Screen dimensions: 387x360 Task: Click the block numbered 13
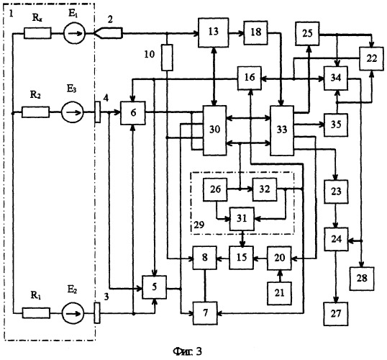tap(213, 32)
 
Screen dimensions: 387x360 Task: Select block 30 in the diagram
tap(214, 130)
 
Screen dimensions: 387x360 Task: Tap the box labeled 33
tap(282, 130)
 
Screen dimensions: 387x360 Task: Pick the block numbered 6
tap(133, 113)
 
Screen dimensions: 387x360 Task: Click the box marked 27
tap(336, 313)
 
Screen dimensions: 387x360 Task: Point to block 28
tap(362, 279)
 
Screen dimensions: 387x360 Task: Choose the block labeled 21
tap(279, 293)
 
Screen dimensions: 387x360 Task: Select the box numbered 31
tap(242, 219)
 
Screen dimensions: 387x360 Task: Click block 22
tap(372, 58)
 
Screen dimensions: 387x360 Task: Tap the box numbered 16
tap(250, 78)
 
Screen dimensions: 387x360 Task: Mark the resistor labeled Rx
tap(37, 33)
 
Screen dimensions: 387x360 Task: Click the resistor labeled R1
tap(36, 313)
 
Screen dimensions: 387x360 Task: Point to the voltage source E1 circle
tap(74, 33)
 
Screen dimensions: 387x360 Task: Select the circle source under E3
tap(73, 112)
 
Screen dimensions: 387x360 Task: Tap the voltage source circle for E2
tap(73, 313)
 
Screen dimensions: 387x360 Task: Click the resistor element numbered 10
tap(167, 58)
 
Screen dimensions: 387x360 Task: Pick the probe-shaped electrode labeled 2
tap(109, 33)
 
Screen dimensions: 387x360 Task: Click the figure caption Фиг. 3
tap(188, 351)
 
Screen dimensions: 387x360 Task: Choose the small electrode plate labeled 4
tap(98, 112)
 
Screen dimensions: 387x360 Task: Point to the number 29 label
tap(199, 225)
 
